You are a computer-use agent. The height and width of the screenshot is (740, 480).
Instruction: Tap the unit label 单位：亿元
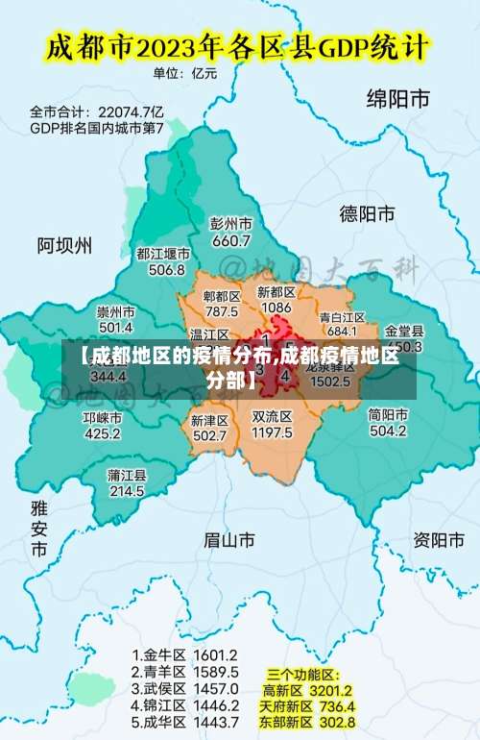(185, 73)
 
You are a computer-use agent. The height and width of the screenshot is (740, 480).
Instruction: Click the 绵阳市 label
(397, 98)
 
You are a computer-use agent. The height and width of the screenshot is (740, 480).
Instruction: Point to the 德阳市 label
(368, 212)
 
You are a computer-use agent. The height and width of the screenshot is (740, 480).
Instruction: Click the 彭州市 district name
(230, 223)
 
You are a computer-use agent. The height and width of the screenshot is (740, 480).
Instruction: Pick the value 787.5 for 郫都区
(221, 311)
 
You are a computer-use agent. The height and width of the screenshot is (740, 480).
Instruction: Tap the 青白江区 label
(342, 316)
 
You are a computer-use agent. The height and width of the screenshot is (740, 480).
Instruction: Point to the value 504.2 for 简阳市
(388, 432)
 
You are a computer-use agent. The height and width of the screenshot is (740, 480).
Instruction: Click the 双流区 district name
(272, 417)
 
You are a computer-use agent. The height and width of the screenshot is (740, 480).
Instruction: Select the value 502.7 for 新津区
(209, 436)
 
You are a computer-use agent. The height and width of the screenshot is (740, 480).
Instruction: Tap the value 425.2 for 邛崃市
(102, 433)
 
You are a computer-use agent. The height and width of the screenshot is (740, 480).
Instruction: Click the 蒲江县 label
(127, 475)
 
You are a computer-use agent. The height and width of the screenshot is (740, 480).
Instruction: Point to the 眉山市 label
(229, 541)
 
